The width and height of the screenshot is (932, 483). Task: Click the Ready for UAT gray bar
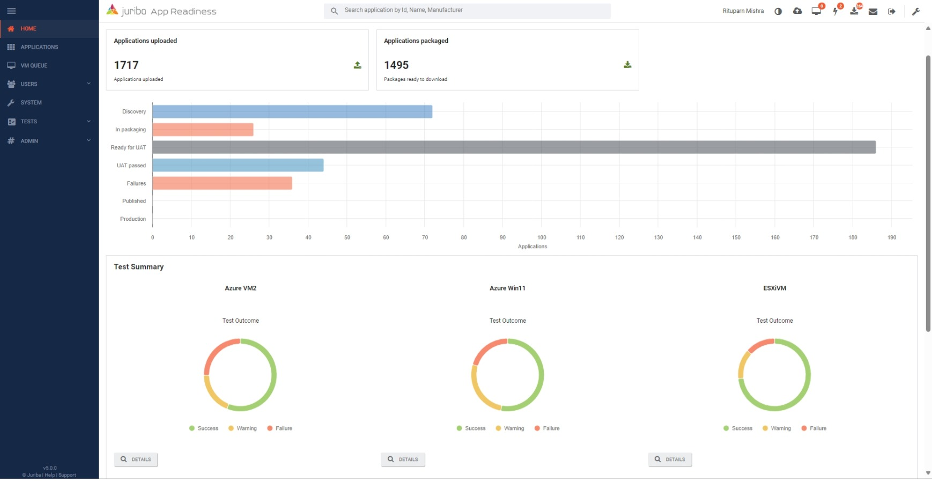pyautogui.click(x=514, y=147)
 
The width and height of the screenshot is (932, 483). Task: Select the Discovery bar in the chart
pyautogui.click(x=292, y=112)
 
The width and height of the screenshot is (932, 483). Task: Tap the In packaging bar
pyautogui.click(x=203, y=130)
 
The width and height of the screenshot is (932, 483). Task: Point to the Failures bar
pyautogui.click(x=222, y=183)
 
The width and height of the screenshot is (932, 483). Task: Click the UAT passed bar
pyautogui.click(x=238, y=165)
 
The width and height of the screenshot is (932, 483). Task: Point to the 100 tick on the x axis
pyautogui.click(x=542, y=237)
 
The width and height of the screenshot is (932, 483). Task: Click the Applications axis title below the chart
pyautogui.click(x=532, y=247)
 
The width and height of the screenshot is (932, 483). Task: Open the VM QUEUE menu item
pyautogui.click(x=34, y=65)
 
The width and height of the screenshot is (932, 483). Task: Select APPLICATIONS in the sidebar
pyautogui.click(x=39, y=47)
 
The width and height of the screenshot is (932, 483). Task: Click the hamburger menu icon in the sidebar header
pyautogui.click(x=11, y=11)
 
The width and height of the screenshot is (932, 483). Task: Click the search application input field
pyautogui.click(x=472, y=10)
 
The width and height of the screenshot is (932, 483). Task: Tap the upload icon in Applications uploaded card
pyautogui.click(x=357, y=65)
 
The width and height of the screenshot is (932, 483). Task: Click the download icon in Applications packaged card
pyautogui.click(x=627, y=65)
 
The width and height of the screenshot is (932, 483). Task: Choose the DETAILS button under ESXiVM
pyautogui.click(x=670, y=459)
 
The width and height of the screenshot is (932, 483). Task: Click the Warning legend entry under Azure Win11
pyautogui.click(x=509, y=428)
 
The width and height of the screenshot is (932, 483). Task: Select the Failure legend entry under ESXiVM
pyautogui.click(x=813, y=428)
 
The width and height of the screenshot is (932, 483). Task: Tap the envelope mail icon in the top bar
pyautogui.click(x=873, y=11)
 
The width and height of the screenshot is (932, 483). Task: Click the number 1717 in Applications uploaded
pyautogui.click(x=127, y=65)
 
